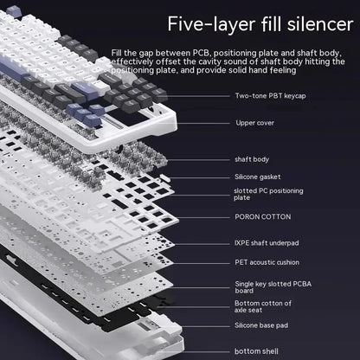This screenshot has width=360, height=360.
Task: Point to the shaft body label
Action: click(x=252, y=159)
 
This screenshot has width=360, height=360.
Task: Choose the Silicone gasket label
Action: click(x=260, y=176)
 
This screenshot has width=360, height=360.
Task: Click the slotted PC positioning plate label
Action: click(x=270, y=194)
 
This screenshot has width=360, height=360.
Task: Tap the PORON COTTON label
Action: click(x=263, y=216)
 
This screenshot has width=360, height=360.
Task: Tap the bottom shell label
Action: click(x=257, y=350)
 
